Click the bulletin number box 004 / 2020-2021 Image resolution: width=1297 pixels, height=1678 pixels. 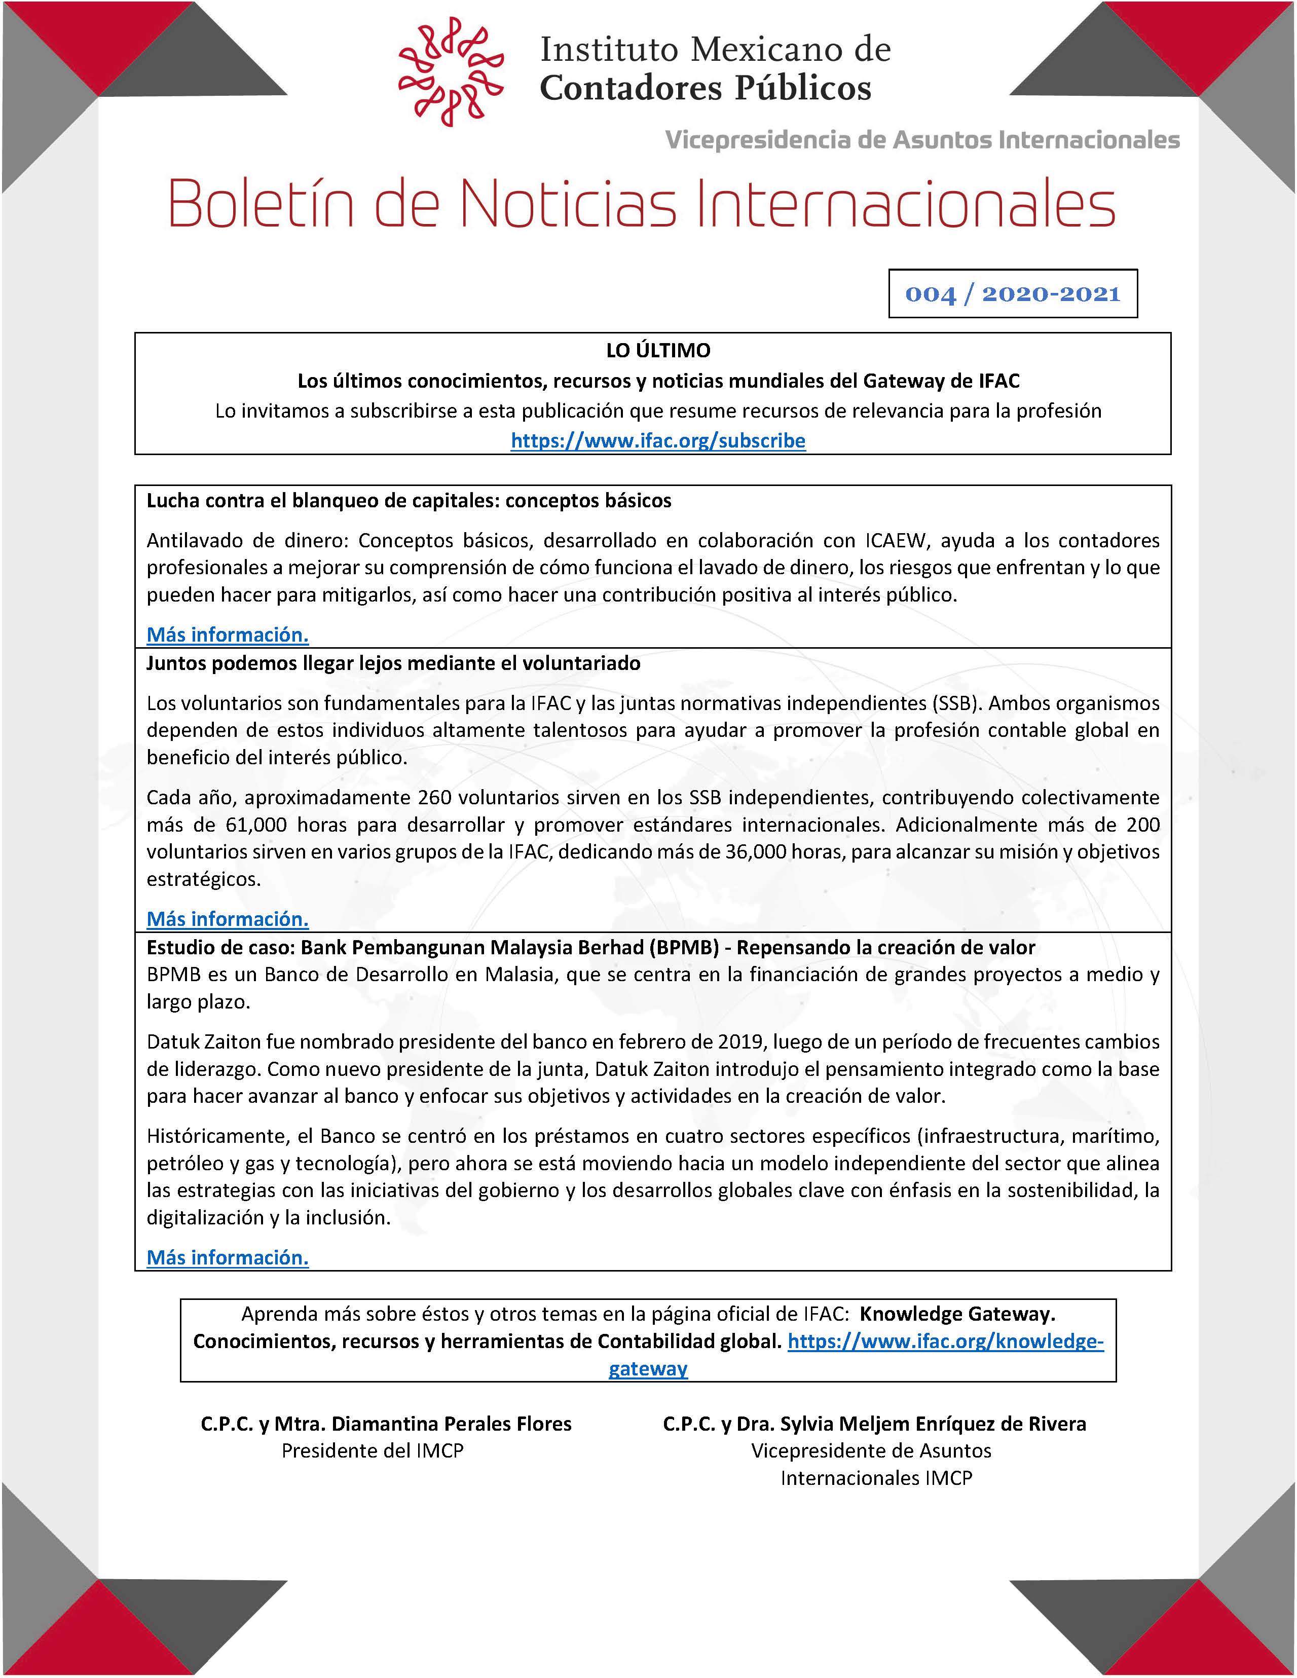1012,293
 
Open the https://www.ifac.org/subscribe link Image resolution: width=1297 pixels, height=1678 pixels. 658,441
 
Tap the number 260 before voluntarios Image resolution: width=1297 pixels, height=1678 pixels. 434,798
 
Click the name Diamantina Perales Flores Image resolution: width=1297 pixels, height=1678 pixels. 451,1424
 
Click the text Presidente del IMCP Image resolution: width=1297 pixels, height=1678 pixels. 373,1450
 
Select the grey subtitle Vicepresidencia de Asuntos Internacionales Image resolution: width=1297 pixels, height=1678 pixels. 922,140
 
